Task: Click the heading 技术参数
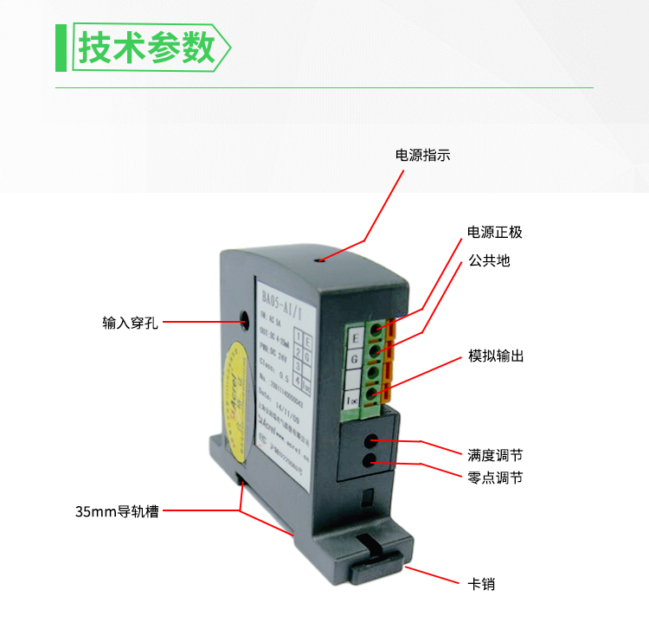pyautogui.click(x=147, y=48)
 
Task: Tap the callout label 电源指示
pyautogui.click(x=423, y=156)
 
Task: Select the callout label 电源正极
pyautogui.click(x=495, y=233)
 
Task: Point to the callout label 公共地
pyautogui.click(x=489, y=260)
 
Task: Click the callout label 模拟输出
pyautogui.click(x=496, y=356)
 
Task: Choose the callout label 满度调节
pyautogui.click(x=495, y=454)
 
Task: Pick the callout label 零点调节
pyautogui.click(x=495, y=478)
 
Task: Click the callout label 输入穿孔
pyautogui.click(x=130, y=324)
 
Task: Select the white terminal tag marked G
pyautogui.click(x=353, y=358)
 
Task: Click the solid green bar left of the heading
pyautogui.click(x=61, y=48)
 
